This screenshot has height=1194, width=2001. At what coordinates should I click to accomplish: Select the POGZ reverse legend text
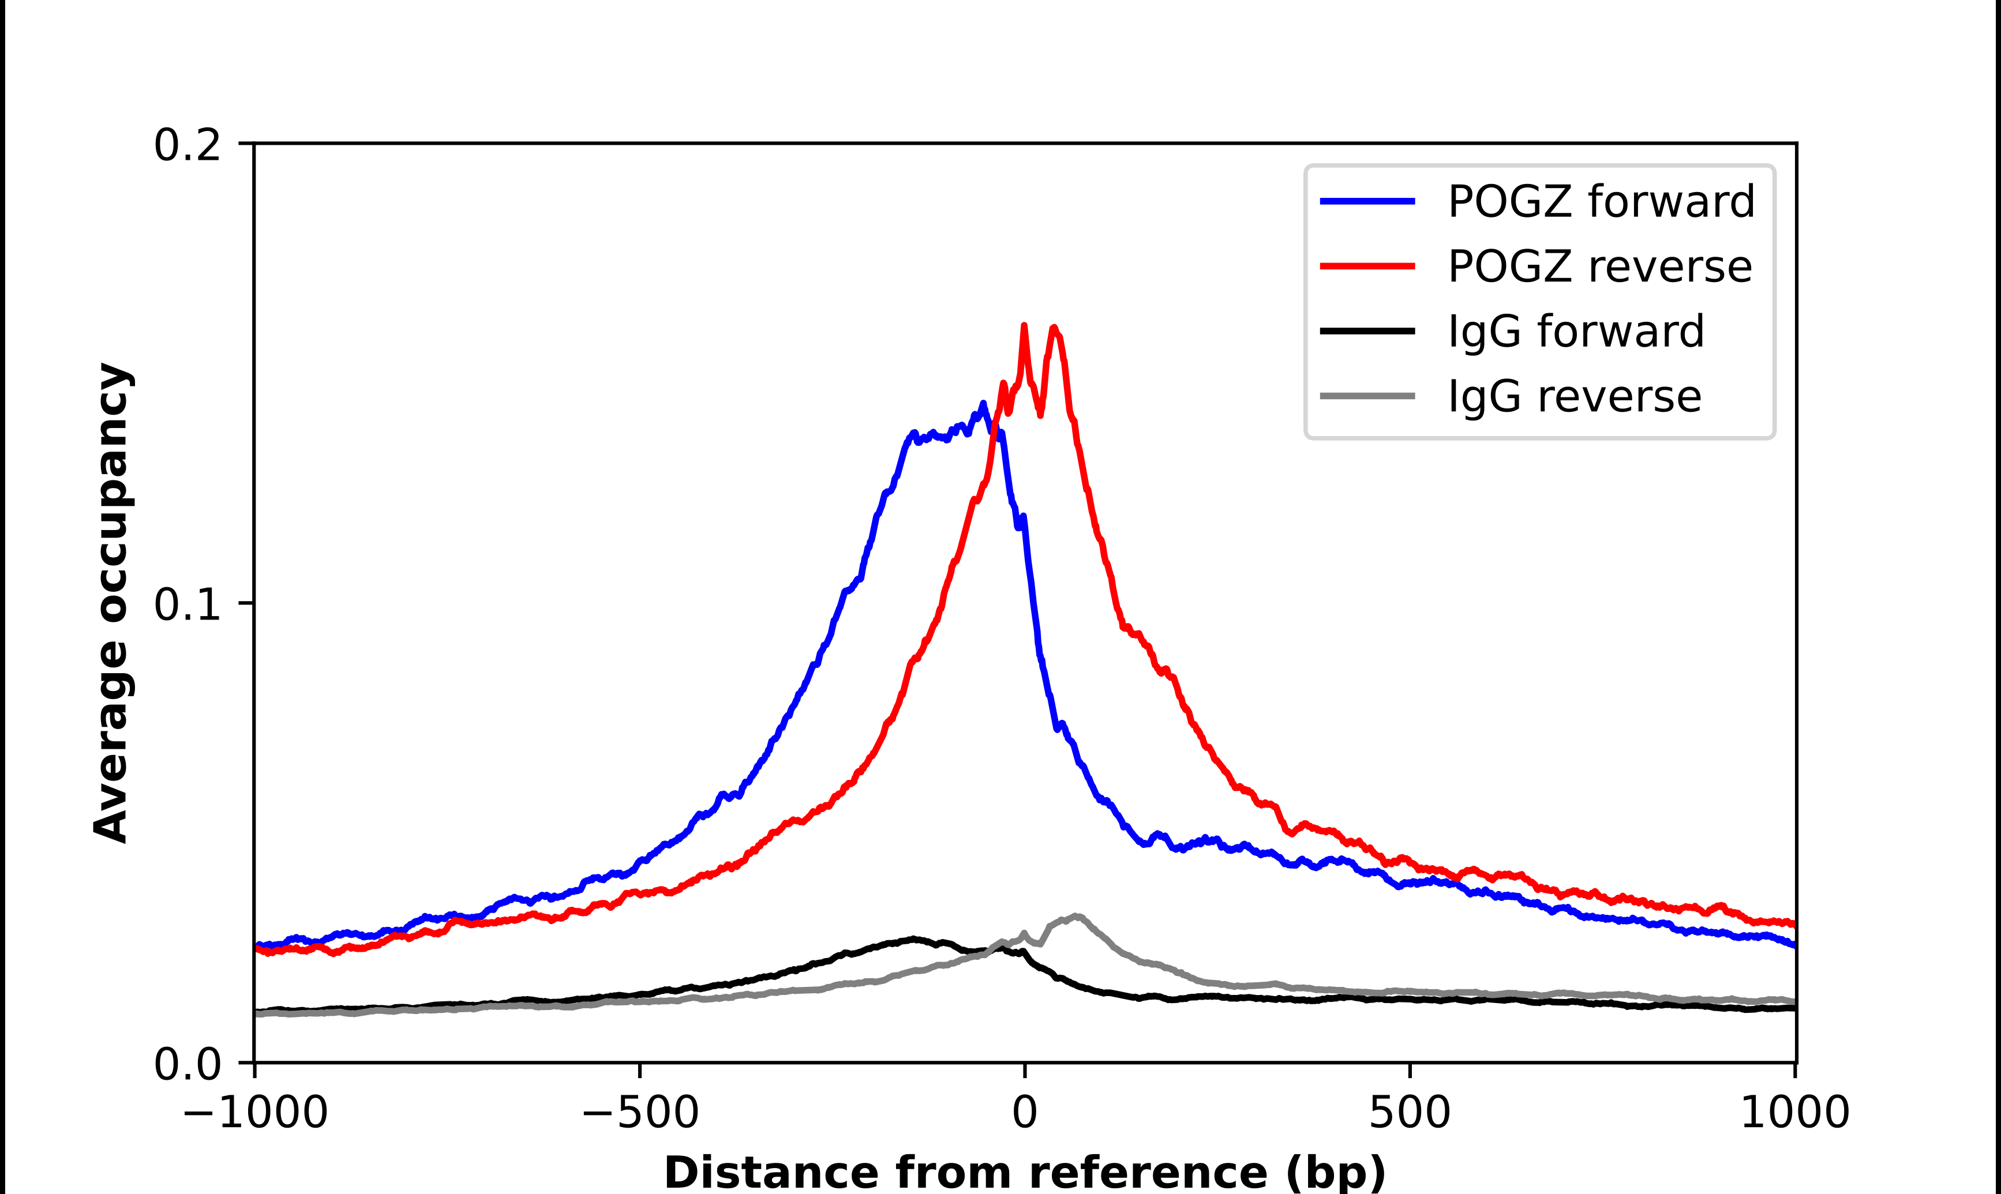1599,266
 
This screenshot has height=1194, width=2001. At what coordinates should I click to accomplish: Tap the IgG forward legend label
1575,332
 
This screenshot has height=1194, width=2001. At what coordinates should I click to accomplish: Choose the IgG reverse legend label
1574,397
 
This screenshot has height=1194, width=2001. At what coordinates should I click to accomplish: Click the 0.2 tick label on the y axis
187,145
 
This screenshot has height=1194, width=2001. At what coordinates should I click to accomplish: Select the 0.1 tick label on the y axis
187,604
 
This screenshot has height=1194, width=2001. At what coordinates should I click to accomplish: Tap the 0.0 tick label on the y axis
187,1064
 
